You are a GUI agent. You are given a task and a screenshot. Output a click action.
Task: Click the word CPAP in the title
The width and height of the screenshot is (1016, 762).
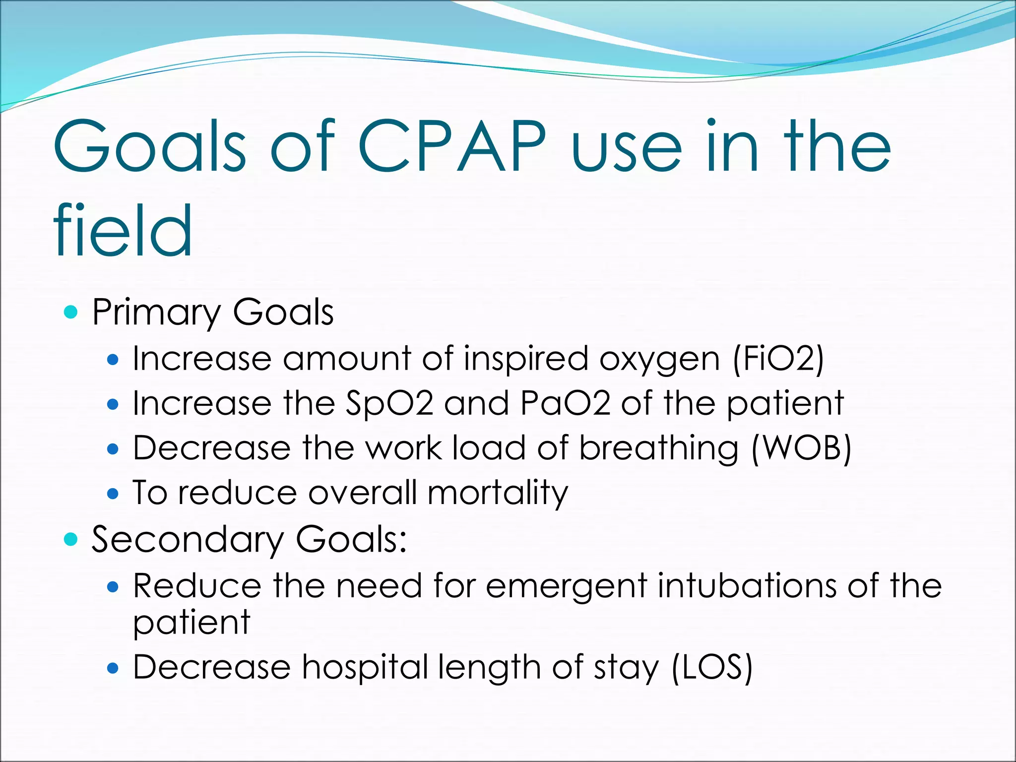click(451, 147)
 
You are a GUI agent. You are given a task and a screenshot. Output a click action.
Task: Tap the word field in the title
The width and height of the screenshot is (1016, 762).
click(123, 231)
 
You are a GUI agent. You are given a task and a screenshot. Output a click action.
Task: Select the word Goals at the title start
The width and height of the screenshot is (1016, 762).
click(149, 147)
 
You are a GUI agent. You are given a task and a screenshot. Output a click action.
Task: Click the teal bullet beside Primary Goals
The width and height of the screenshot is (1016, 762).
click(71, 312)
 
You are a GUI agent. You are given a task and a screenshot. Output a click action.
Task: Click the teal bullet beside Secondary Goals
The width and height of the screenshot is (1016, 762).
click(71, 539)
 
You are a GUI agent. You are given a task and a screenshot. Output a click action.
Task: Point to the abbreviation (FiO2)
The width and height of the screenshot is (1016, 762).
click(778, 359)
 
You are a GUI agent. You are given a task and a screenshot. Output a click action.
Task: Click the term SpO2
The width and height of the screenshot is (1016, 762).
click(389, 403)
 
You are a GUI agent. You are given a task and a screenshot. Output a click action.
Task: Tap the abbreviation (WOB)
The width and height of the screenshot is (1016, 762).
click(801, 448)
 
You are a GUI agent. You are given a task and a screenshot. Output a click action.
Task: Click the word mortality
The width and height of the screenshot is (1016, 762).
click(498, 494)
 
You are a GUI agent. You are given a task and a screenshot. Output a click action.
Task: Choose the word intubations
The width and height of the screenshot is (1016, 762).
click(747, 586)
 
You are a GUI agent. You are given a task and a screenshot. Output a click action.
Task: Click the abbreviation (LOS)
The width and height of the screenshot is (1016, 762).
click(712, 667)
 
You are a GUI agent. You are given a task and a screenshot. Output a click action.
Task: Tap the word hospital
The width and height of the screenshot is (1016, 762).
click(365, 668)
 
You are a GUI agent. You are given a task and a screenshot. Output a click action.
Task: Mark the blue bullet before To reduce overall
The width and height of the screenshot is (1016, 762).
click(113, 494)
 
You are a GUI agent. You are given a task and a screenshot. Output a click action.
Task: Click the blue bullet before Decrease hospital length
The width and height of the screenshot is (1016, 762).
click(113, 668)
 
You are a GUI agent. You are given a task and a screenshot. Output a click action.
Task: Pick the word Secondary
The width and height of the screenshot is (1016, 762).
click(188, 540)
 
